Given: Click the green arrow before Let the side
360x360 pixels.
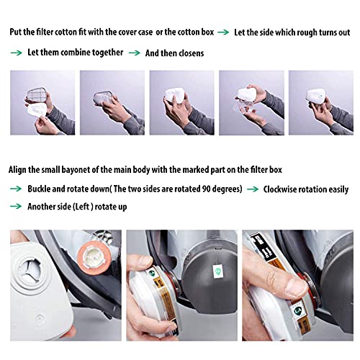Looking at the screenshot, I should click(x=223, y=32).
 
